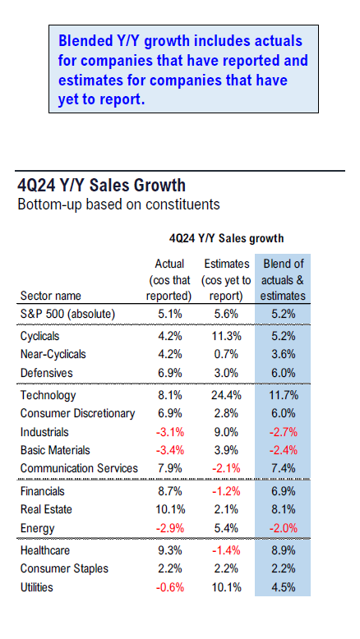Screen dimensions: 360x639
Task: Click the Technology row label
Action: click(48, 395)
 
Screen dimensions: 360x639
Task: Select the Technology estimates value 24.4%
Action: click(226, 395)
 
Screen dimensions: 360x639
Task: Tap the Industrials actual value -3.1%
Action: click(170, 432)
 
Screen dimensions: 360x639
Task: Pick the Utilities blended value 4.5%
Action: click(284, 587)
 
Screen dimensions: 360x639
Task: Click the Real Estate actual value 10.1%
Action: click(170, 509)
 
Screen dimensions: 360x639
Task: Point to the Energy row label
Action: click(38, 529)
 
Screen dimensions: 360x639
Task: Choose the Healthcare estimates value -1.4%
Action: click(226, 550)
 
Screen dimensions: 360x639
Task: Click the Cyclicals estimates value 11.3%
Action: click(226, 336)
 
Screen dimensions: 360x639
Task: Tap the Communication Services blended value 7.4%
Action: click(284, 468)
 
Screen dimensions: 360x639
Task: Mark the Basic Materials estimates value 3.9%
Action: click(226, 450)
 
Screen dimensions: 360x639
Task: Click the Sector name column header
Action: click(51, 296)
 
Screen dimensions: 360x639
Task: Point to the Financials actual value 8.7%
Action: click(170, 491)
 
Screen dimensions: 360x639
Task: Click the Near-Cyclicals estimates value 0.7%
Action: click(226, 354)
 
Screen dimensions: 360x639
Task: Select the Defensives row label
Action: click(47, 373)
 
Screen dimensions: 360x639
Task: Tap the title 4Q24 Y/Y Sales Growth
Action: click(102, 186)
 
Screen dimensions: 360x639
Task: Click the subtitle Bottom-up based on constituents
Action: click(118, 205)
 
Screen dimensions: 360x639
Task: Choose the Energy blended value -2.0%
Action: click(284, 529)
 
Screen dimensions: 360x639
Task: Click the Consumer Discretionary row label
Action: click(77, 414)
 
